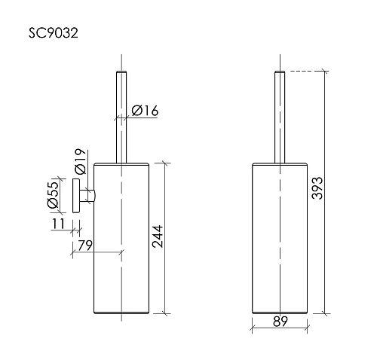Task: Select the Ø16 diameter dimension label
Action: [x=144, y=111]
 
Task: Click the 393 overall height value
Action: [x=317, y=188]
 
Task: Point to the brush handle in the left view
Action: [x=121, y=113]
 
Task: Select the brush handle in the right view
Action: [x=280, y=113]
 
